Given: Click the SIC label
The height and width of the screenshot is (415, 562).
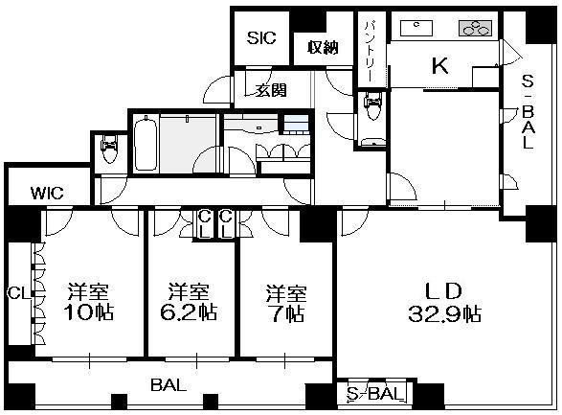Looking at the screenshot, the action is pyautogui.click(x=261, y=37).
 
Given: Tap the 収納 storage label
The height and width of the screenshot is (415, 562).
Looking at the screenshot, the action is pyautogui.click(x=323, y=47).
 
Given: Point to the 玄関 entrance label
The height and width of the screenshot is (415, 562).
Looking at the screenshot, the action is pyautogui.click(x=271, y=90).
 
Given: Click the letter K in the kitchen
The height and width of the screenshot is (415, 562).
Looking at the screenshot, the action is pyautogui.click(x=439, y=65).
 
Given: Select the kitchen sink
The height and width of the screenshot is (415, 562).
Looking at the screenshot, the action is pyautogui.click(x=416, y=29).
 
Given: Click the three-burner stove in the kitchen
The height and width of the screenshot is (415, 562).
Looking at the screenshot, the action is pyautogui.click(x=475, y=28).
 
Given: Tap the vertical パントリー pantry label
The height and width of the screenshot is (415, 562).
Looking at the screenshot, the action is pyautogui.click(x=371, y=52).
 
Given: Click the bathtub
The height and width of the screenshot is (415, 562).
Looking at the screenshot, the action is pyautogui.click(x=146, y=144).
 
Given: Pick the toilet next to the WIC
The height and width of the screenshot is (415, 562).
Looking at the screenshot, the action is pyautogui.click(x=109, y=149).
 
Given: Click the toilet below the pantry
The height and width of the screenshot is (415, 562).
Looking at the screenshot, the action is pyautogui.click(x=372, y=105).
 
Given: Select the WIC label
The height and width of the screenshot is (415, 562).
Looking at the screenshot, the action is pyautogui.click(x=47, y=194).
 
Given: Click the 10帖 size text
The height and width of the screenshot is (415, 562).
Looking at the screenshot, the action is pyautogui.click(x=88, y=312).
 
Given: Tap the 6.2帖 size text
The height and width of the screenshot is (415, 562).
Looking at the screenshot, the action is pyautogui.click(x=189, y=312).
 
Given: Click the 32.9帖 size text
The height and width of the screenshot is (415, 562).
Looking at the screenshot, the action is pyautogui.click(x=444, y=313).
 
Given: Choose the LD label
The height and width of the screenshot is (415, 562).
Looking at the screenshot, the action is pyautogui.click(x=442, y=291).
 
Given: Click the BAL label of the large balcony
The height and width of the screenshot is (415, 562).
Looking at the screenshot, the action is pyautogui.click(x=169, y=385).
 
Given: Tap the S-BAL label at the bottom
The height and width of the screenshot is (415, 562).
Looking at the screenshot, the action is pyautogui.click(x=374, y=395).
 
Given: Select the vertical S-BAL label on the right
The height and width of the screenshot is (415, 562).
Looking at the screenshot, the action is pyautogui.click(x=528, y=112).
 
